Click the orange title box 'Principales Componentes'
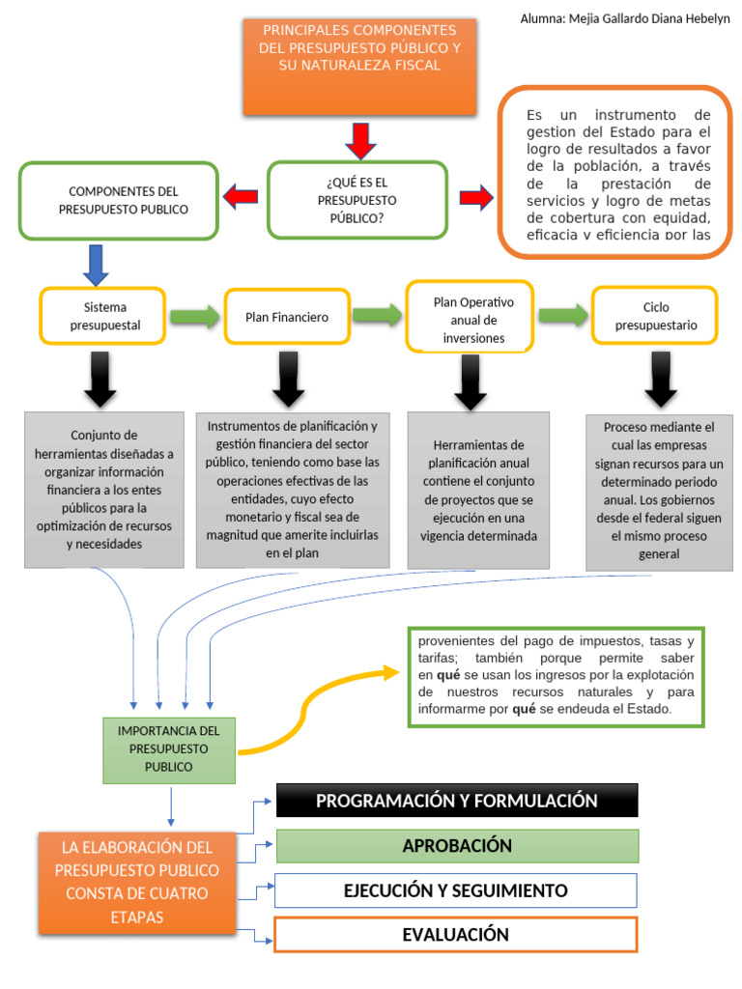click(x=358, y=66)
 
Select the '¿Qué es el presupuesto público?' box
click(x=357, y=200)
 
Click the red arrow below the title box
click(x=359, y=140)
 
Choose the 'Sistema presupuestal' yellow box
click(x=104, y=316)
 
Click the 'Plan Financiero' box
click(x=286, y=317)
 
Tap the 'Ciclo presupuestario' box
click(x=655, y=316)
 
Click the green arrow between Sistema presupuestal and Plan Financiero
click(x=194, y=317)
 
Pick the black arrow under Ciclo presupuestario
click(x=660, y=380)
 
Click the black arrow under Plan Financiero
click(x=288, y=380)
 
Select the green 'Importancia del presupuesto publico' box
click(x=169, y=749)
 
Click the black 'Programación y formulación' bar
click(x=457, y=801)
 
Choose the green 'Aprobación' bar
click(x=457, y=846)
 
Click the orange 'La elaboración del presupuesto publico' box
click(x=136, y=883)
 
